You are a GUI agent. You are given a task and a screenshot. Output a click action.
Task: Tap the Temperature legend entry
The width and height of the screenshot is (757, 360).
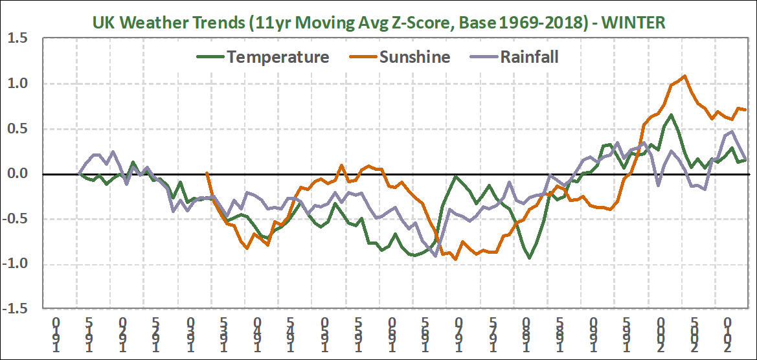click(277, 56)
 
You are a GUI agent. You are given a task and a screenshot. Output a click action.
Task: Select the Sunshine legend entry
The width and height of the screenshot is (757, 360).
click(414, 56)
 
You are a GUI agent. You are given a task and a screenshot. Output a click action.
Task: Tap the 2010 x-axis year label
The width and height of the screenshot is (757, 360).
click(728, 334)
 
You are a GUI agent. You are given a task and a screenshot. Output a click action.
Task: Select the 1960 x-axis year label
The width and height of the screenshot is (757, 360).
click(392, 334)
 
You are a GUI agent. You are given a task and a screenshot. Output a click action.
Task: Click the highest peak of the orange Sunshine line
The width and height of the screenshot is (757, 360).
click(684, 76)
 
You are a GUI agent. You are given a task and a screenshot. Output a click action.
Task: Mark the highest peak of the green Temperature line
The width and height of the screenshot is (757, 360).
click(671, 115)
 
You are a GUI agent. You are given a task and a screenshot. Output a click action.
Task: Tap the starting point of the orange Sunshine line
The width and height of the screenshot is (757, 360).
click(207, 173)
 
